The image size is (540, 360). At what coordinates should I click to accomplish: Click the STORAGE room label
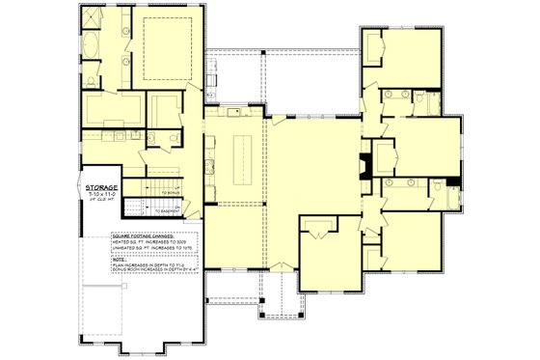tap(101, 186)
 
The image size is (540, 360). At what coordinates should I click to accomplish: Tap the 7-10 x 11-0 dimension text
tap(101, 195)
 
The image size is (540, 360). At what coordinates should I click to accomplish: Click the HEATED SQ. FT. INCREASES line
tap(154, 241)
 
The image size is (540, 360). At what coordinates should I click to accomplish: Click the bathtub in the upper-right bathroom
tap(396, 96)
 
